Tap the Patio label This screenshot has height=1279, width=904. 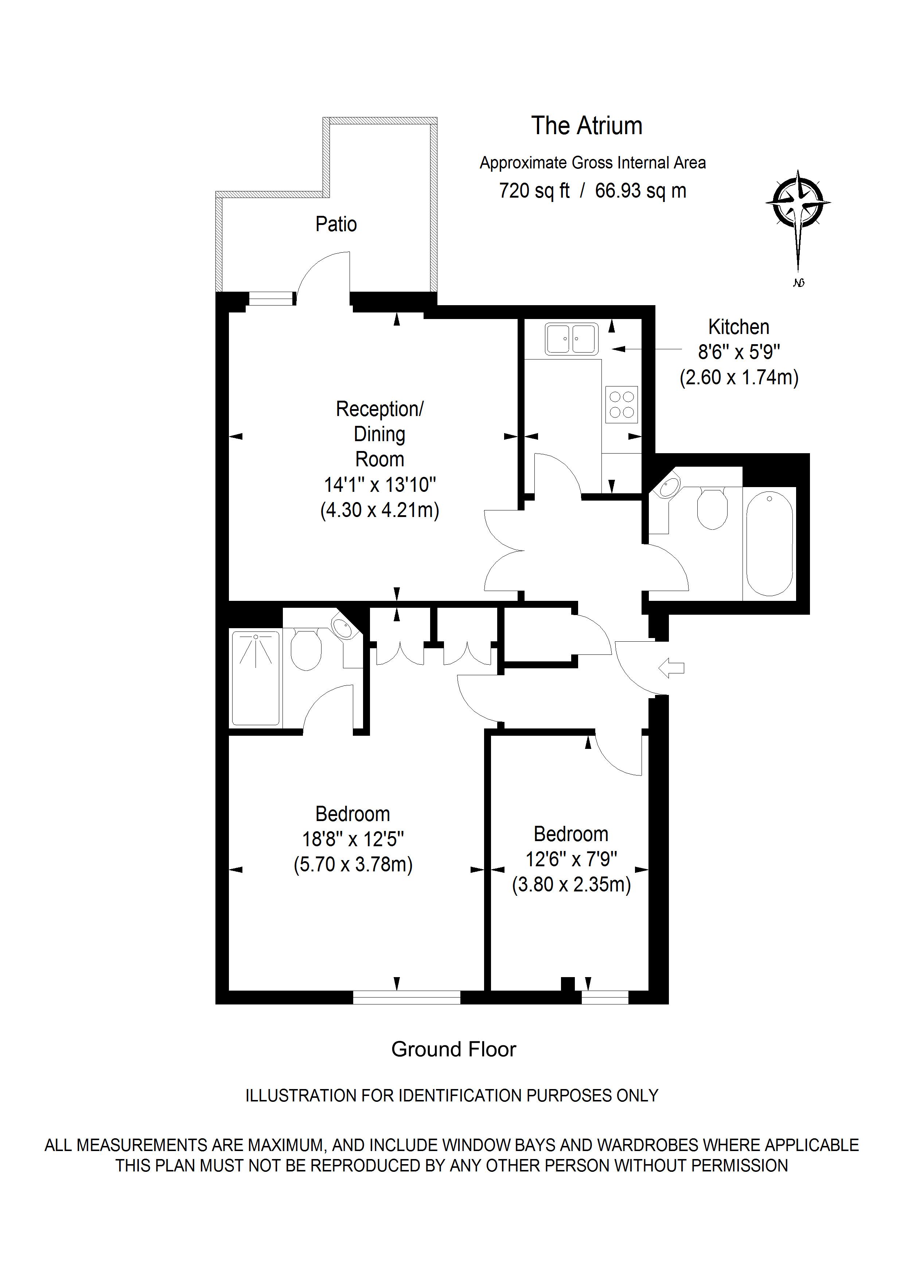tap(336, 224)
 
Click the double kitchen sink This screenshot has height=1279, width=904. tap(572, 339)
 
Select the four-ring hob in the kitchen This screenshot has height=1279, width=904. tap(621, 404)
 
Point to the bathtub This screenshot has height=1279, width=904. tap(769, 544)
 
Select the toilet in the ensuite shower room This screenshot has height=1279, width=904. tap(306, 650)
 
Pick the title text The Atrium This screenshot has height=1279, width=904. tap(587, 126)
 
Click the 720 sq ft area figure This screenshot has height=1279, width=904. tap(534, 191)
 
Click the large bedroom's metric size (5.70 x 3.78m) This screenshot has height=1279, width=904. tap(353, 864)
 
